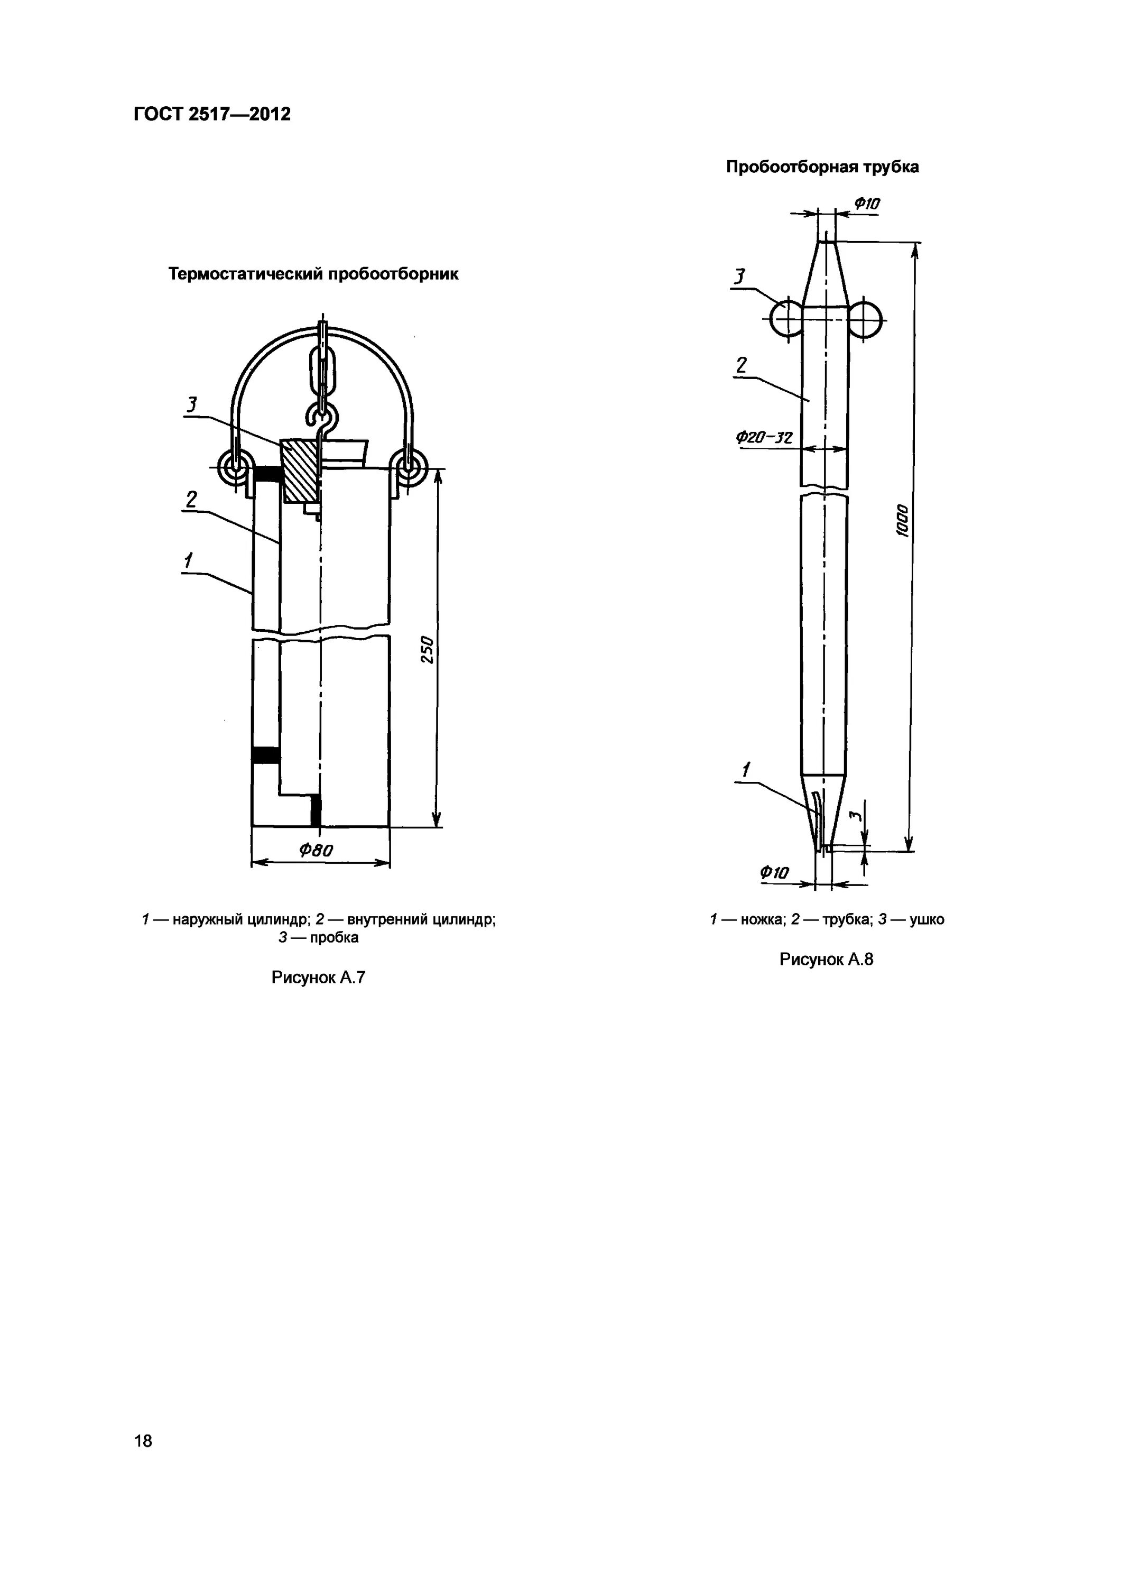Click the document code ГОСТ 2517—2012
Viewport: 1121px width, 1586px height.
212,114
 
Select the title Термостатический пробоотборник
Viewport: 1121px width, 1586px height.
313,274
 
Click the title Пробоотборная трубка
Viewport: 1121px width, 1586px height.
822,167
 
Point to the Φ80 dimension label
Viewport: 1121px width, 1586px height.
316,850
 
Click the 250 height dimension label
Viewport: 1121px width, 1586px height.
428,649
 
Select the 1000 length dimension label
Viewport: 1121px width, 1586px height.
902,520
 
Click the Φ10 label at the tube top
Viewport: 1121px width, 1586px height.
867,204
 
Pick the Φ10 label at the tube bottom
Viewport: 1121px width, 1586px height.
774,873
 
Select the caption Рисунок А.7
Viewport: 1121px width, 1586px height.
318,978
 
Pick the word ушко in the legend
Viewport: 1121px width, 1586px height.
928,919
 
